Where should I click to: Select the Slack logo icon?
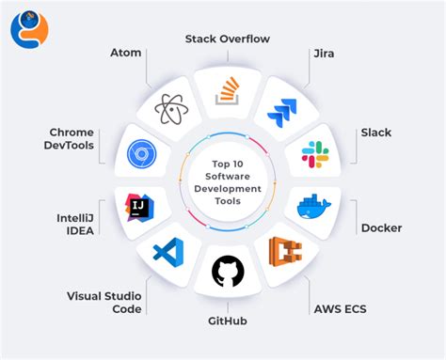313,153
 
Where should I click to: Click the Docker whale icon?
313,206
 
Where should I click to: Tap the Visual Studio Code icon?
167,251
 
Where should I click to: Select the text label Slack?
376,132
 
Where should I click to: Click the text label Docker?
381,227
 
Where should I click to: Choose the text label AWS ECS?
339,307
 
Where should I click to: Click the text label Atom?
124,54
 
